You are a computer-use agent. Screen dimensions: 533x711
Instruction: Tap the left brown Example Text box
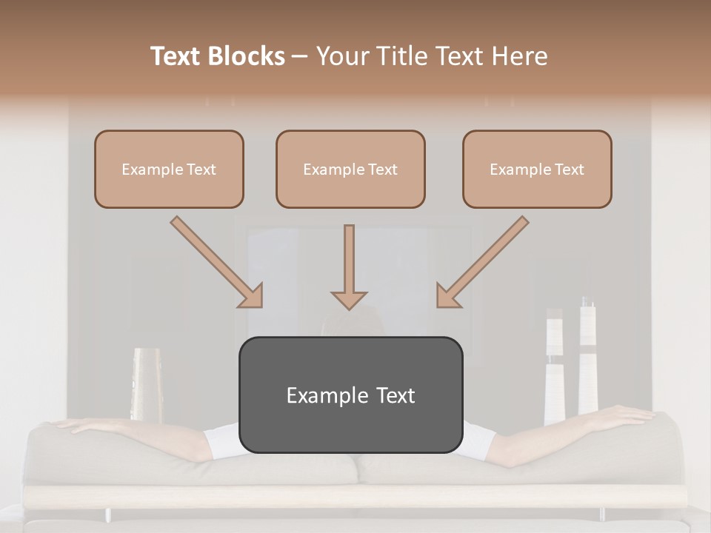pos(169,169)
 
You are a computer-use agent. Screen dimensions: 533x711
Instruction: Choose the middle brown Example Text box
pos(350,169)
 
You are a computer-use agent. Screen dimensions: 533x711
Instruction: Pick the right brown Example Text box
pos(537,169)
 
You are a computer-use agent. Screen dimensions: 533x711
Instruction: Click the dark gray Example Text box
pos(350,395)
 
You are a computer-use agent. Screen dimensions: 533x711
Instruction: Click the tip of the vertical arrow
pos(349,306)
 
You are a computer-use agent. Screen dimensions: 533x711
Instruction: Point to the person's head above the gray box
pos(350,322)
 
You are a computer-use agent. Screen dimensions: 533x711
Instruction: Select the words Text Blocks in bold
pos(218,56)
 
